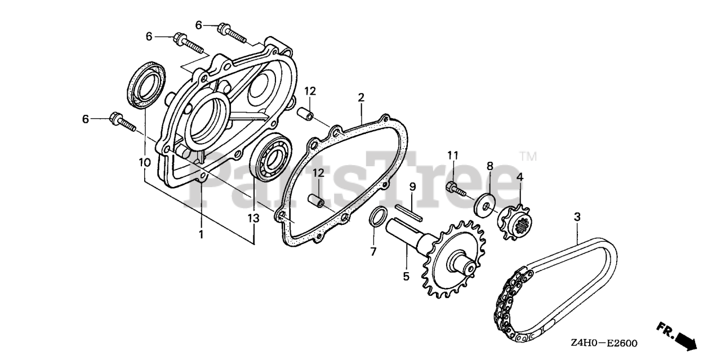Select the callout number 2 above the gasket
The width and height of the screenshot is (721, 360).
(x=360, y=98)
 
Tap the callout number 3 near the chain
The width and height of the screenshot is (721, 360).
(x=577, y=216)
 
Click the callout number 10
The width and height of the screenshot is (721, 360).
(x=144, y=162)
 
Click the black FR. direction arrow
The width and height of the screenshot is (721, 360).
(x=684, y=339)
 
